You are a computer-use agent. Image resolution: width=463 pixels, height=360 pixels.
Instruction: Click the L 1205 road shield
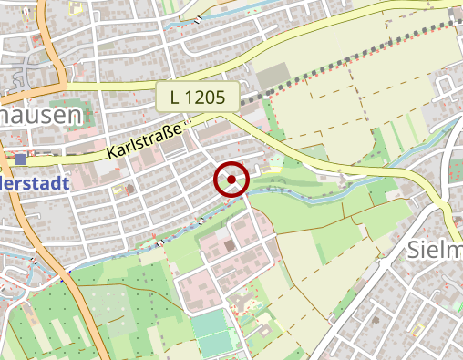pyautogui.click(x=197, y=97)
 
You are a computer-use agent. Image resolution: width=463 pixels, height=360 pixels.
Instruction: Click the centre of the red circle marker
pyautogui.click(x=231, y=180)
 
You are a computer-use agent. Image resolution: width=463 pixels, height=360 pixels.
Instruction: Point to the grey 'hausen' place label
pyautogui.click(x=40, y=116)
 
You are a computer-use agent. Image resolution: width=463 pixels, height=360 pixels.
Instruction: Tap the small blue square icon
pyautogui.click(x=20, y=159)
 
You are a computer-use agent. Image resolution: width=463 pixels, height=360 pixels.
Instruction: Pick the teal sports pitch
pyautogui.click(x=211, y=332)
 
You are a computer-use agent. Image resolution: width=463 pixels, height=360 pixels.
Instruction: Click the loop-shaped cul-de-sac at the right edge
pyautogui.click(x=446, y=87)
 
